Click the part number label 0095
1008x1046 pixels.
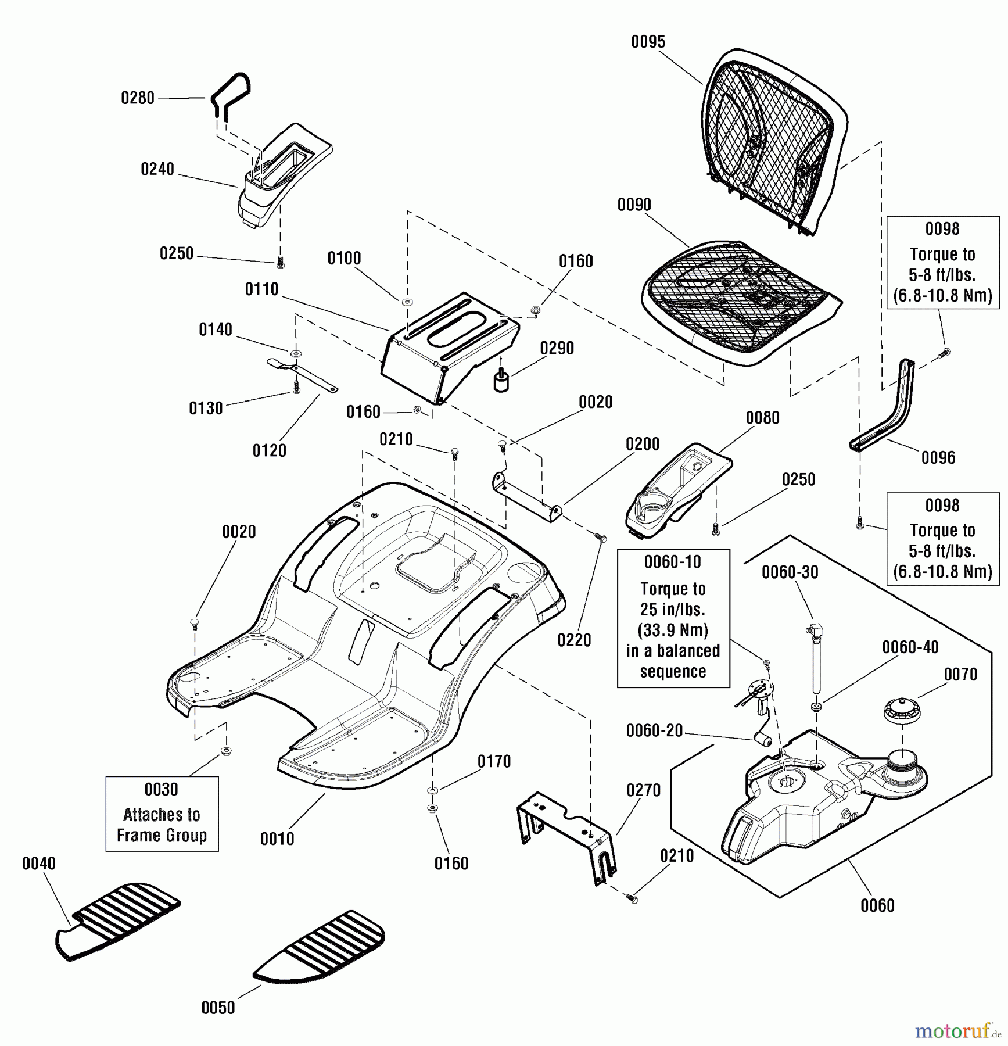tap(648, 42)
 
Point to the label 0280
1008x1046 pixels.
tap(138, 98)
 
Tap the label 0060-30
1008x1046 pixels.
tap(790, 572)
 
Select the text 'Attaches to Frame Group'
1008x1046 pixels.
tap(162, 825)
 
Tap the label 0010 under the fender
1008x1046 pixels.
tap(277, 839)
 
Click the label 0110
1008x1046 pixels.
tap(261, 289)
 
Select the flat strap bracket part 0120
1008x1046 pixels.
tap(302, 375)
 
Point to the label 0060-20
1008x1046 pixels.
tap(654, 730)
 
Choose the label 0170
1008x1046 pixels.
tap(494, 761)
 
